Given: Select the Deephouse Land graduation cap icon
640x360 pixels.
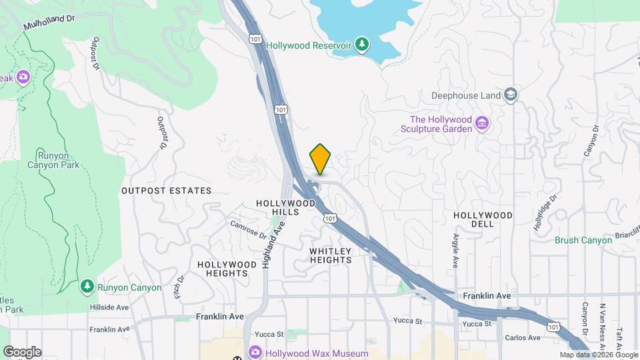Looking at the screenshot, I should pyautogui.click(x=511, y=95).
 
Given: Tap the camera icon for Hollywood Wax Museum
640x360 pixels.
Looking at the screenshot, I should pyautogui.click(x=255, y=353).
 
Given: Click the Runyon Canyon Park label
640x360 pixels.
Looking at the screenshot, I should pyautogui.click(x=54, y=160).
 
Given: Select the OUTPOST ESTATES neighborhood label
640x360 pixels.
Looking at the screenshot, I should pyautogui.click(x=166, y=191).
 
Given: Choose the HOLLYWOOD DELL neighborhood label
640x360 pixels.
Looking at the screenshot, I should pyautogui.click(x=483, y=220).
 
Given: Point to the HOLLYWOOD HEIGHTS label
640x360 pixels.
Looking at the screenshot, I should pyautogui.click(x=227, y=269).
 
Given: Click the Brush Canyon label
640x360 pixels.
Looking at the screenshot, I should pyautogui.click(x=583, y=240).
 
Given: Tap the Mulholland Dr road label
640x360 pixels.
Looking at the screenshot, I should pyautogui.click(x=49, y=21).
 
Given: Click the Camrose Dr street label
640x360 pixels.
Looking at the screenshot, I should pyautogui.click(x=248, y=230).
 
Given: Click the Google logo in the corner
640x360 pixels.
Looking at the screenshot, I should pyautogui.click(x=22, y=352).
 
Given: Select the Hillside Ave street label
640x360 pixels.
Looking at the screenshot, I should pyautogui.click(x=109, y=307).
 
